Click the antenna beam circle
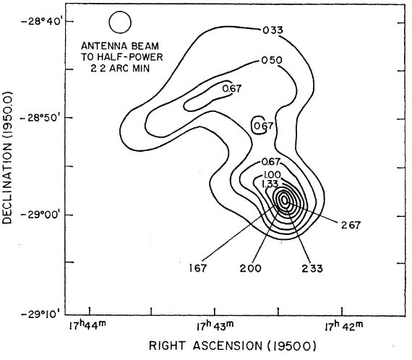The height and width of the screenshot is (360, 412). tap(109, 22)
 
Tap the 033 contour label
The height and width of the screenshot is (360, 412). tap(273, 30)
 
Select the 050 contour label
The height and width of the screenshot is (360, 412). tap(272, 61)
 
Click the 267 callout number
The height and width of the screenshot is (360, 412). tap(351, 226)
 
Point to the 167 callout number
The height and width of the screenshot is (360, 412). tap(198, 268)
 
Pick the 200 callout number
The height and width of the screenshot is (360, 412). tap(251, 268)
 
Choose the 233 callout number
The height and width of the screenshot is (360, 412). tap(312, 268)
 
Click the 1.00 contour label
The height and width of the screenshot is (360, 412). tap(272, 175)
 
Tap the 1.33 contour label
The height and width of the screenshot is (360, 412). tap(270, 184)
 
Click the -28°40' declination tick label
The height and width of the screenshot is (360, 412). tap(40, 21)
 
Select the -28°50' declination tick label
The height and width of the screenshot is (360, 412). tap(40, 117)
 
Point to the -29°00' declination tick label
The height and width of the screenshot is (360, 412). tap(40, 215)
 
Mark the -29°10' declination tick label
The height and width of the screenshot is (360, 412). tap(41, 314)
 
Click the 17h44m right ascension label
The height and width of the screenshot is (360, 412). tap(87, 327)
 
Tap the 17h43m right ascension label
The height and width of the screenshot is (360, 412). tap(215, 327)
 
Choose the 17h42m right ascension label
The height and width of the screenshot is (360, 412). tap(344, 327)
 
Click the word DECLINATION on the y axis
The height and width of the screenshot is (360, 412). tap(7, 181)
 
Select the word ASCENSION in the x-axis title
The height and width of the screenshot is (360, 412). tap(228, 346)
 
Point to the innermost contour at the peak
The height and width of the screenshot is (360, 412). tap(281, 200)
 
